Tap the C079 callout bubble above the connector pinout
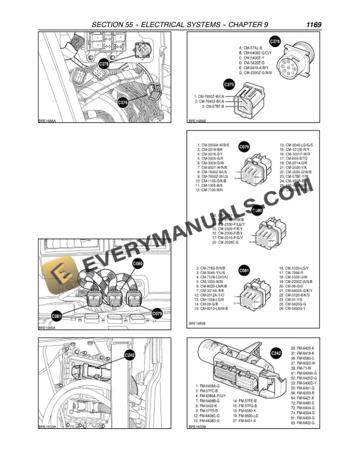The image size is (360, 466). [245, 146]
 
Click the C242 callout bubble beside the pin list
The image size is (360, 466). [275, 353]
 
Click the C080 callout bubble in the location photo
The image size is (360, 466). [138, 263]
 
